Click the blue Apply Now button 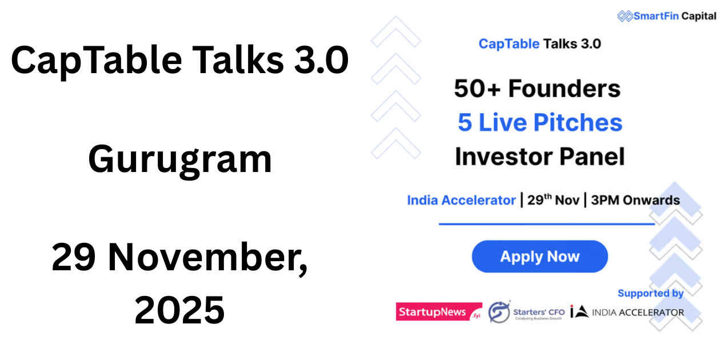(x=539, y=257)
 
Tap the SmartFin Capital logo (x=666, y=16)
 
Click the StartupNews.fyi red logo (x=439, y=312)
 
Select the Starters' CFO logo (x=526, y=312)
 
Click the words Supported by (x=650, y=293)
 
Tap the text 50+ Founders (x=537, y=89)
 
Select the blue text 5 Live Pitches (x=539, y=122)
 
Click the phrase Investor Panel (x=539, y=156)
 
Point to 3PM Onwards (x=635, y=201)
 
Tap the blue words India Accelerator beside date (x=461, y=201)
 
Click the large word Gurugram (x=180, y=159)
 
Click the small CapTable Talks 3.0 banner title (x=539, y=43)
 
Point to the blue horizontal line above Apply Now (x=546, y=224)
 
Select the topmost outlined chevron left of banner (x=395, y=33)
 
